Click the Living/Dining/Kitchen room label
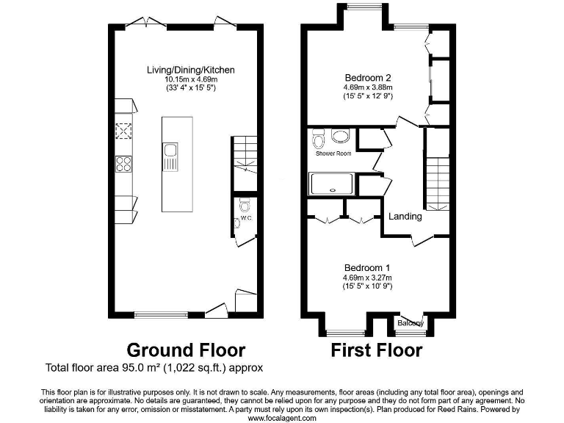coord(191,70)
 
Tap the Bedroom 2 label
coord(367,76)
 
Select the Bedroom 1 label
coord(366,268)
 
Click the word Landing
coord(405,216)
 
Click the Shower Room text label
coord(333,153)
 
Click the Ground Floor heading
coord(186,350)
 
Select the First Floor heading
coord(377,350)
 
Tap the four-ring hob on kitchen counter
coord(122,164)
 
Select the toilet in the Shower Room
coord(318,138)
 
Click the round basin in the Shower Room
coord(341,136)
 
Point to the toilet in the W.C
coord(245,205)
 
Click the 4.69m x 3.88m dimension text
coord(367,86)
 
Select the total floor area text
coord(154,367)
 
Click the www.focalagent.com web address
coord(282,418)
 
